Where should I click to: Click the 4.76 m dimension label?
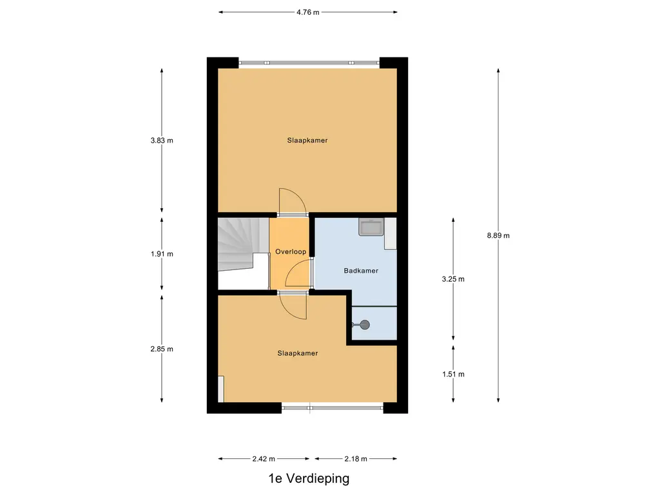[x=307, y=12]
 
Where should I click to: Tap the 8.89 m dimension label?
[x=498, y=235]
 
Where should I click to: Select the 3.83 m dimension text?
[x=162, y=140]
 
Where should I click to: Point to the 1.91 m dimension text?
[x=162, y=253]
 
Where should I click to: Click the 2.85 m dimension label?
[x=162, y=349]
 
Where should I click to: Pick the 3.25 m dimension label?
[x=453, y=279]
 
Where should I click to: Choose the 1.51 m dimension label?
[x=453, y=374]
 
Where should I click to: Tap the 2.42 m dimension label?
[x=264, y=459]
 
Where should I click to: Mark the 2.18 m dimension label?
[x=355, y=459]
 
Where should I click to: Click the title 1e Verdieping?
[x=309, y=478]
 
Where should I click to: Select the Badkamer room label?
[x=361, y=271]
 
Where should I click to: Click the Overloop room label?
[x=291, y=251]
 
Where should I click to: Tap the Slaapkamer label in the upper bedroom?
[x=307, y=140]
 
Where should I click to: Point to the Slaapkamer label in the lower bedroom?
[x=298, y=353]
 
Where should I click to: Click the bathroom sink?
[x=371, y=227]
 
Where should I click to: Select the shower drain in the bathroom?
[x=365, y=325]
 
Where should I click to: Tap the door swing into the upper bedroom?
[x=291, y=201]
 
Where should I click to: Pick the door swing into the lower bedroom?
[x=294, y=306]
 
